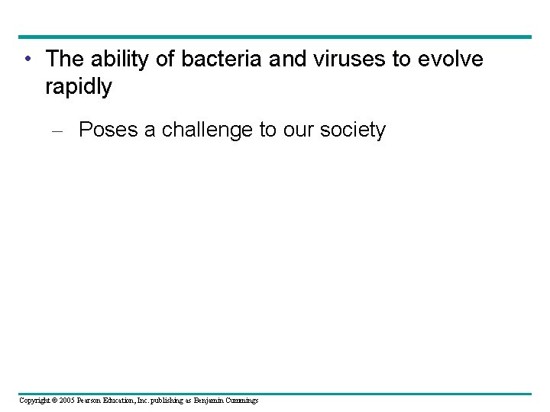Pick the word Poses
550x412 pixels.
(107, 130)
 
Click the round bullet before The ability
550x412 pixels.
(27, 60)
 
